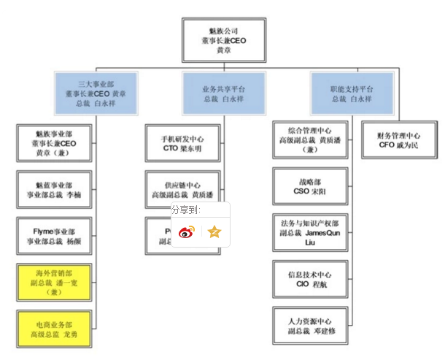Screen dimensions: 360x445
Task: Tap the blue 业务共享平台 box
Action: (224, 93)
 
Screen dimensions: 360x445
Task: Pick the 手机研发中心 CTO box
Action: (182, 142)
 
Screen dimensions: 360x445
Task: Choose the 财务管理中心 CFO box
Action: (399, 139)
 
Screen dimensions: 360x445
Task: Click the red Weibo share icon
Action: (187, 232)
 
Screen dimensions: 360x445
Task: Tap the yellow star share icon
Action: (214, 232)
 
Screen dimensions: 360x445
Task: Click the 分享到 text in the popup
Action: (185, 210)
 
